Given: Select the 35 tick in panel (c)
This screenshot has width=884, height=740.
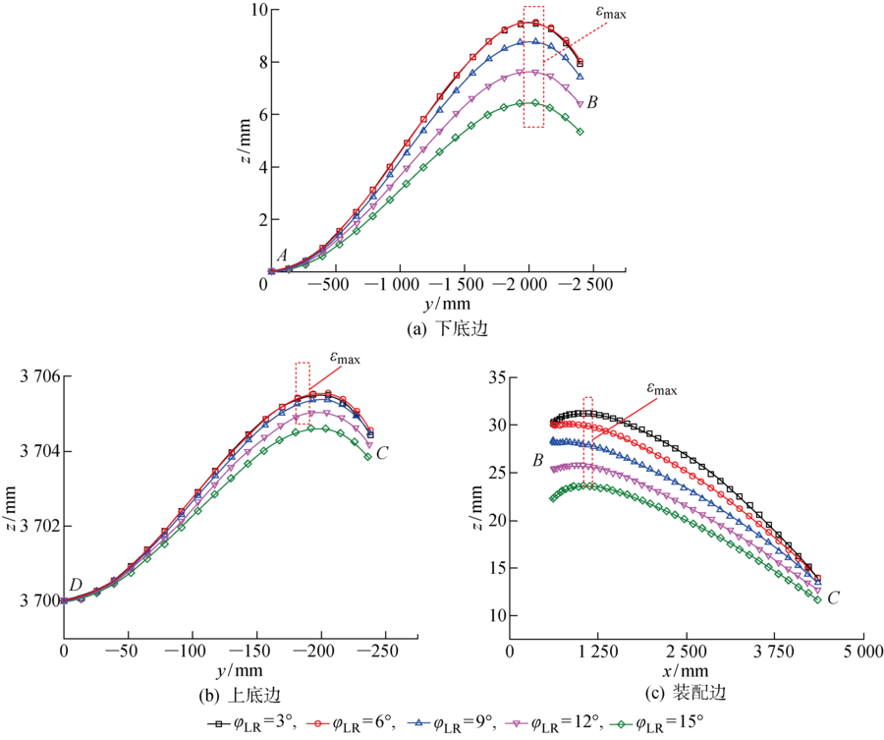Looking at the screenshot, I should coord(491,376).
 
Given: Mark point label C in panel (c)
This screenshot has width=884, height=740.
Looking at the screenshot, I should coord(834,597).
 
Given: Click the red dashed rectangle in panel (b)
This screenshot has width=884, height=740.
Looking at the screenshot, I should coord(303,378).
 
